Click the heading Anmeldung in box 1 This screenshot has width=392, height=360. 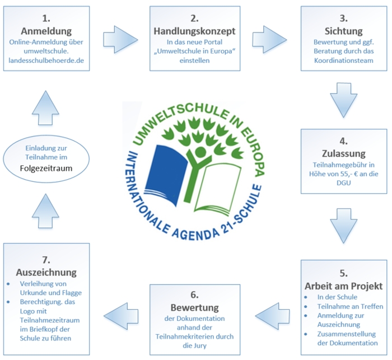click(x=46, y=31)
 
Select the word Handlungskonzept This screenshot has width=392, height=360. click(x=194, y=31)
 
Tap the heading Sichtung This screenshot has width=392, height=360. click(x=343, y=31)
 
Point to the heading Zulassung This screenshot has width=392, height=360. click(x=343, y=153)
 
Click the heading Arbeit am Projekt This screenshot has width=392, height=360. click(x=343, y=286)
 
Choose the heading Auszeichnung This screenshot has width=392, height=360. click(x=46, y=272)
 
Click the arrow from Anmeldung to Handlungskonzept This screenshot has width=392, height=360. click(x=120, y=40)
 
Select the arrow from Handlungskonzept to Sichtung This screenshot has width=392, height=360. click(x=269, y=40)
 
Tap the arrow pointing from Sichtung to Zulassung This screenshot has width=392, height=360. click(x=343, y=100)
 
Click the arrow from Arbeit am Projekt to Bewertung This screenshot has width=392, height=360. click(x=273, y=316)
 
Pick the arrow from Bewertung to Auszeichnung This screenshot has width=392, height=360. click(x=121, y=316)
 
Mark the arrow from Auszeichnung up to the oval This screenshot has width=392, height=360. click(x=45, y=211)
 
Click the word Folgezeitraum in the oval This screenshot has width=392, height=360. click(x=46, y=169)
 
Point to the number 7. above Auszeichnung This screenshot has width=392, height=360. click(x=46, y=260)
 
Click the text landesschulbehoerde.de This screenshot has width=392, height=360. click(x=46, y=60)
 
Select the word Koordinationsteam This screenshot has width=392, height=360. click(x=343, y=60)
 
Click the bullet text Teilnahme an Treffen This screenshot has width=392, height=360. click(x=350, y=306)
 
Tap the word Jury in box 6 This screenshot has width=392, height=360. click(x=199, y=346)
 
